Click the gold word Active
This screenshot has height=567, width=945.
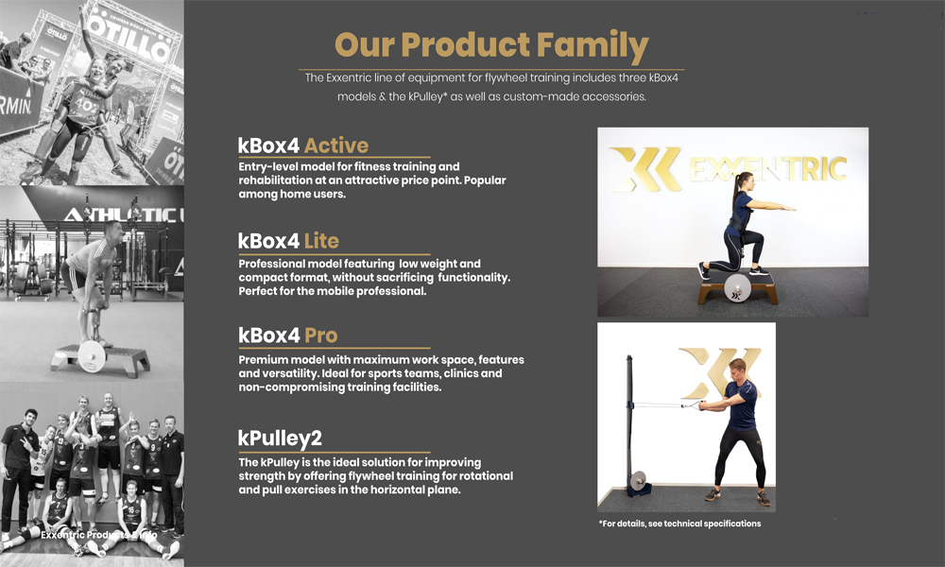pos(335,146)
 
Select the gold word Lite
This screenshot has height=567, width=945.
pos(321,241)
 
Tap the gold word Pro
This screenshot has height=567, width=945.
pos(320,335)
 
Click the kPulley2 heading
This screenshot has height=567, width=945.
pos(280,438)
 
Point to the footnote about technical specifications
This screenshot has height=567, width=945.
pos(679,524)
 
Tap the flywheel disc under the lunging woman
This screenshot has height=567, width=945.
pos(737,288)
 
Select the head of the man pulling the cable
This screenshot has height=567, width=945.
pos(738,369)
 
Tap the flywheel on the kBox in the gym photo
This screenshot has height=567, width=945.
pos(92,355)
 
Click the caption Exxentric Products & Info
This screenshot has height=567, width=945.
pos(99,535)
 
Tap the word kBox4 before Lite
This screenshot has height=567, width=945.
pos(268,241)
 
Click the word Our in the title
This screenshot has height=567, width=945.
pos(365,45)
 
